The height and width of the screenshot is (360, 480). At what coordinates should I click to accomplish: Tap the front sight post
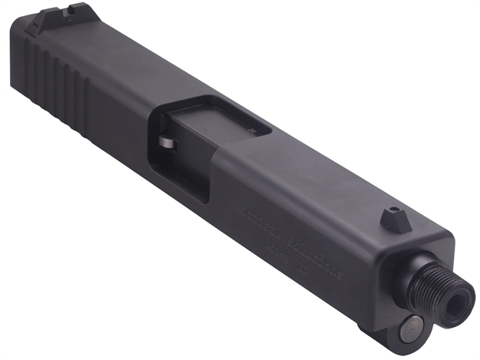[392, 219]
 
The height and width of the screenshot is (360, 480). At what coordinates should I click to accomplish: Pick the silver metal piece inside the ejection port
[168, 144]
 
